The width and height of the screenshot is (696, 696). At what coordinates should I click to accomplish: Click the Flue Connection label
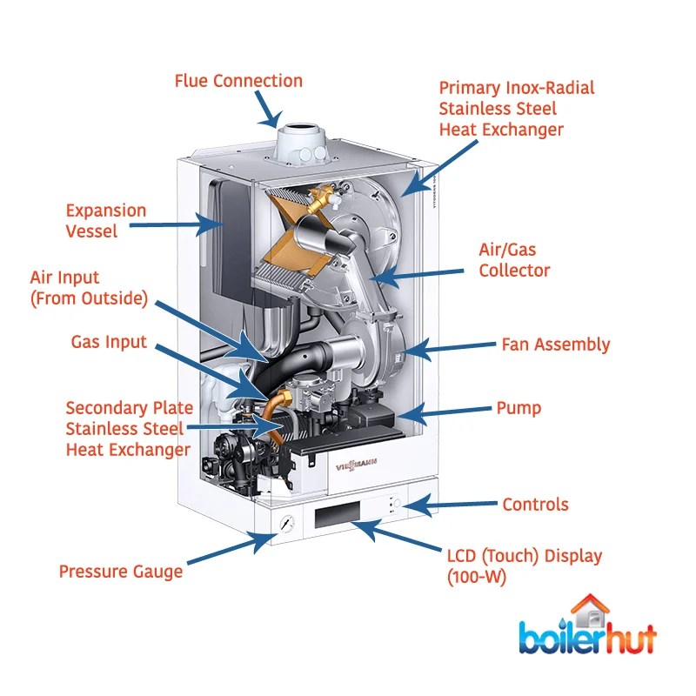point(238,82)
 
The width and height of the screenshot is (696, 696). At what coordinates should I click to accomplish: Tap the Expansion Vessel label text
point(106,221)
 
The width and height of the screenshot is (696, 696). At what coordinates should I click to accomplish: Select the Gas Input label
point(109,342)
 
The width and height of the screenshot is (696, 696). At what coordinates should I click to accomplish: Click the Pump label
point(519,407)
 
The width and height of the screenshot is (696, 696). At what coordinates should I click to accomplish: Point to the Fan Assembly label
point(555,345)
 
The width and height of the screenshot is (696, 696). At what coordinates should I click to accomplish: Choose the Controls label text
point(535,505)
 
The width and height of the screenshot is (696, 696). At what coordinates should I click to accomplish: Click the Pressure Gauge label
point(121,572)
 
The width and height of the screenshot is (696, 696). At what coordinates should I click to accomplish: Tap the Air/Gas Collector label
point(514,259)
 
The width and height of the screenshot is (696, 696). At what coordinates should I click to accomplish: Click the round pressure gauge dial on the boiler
point(286,525)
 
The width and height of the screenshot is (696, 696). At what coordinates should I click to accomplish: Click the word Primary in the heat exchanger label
point(472,88)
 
